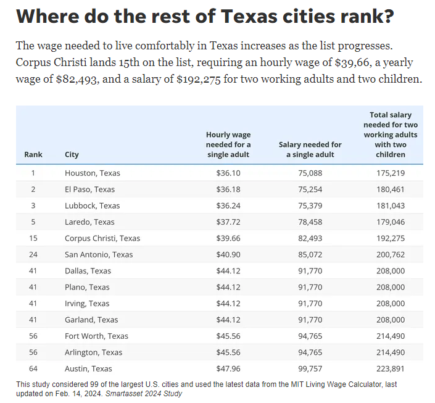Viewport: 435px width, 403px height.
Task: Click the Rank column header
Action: point(33,154)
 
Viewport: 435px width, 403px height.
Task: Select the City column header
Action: point(72,154)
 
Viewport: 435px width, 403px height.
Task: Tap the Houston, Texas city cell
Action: point(93,173)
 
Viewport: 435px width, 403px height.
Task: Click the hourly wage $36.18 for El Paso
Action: point(228,189)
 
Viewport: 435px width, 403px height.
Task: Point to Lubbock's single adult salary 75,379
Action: point(310,206)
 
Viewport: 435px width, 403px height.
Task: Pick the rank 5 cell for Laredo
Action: point(33,222)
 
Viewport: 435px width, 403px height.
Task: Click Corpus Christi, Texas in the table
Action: point(102,238)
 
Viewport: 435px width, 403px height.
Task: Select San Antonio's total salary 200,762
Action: point(391,254)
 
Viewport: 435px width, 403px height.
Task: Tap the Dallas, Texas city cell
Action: point(88,271)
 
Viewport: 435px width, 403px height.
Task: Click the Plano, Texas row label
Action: point(87,287)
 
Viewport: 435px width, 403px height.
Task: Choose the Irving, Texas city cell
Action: point(87,304)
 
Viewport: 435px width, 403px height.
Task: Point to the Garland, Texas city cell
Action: point(91,320)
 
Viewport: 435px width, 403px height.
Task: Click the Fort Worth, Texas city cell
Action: point(96,336)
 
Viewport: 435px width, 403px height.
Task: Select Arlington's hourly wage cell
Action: point(228,352)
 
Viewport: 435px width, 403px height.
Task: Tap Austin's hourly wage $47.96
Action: point(228,368)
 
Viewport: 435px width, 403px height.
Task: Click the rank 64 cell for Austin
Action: point(33,368)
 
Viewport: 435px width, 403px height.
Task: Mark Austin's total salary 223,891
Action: point(391,368)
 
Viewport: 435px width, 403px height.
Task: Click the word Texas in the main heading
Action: point(249,16)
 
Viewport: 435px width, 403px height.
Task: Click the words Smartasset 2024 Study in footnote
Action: point(144,394)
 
